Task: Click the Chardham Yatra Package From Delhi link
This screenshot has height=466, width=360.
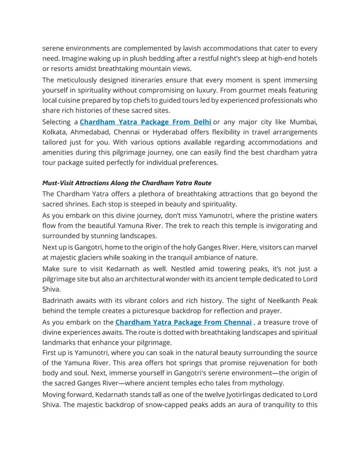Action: [x=146, y=122]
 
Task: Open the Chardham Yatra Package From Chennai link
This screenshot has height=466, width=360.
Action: [x=183, y=322]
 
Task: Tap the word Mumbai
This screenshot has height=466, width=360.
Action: [x=303, y=122]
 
